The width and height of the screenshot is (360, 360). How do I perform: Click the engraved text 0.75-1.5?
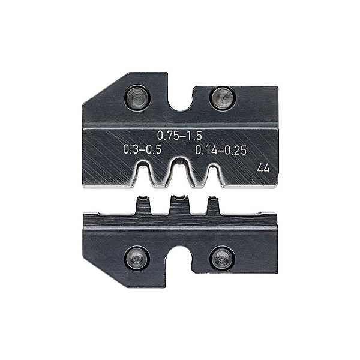pyautogui.click(x=179, y=136)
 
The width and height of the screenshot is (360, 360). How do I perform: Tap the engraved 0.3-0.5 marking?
pyautogui.click(x=142, y=149)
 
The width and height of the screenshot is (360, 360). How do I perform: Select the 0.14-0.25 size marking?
pyautogui.click(x=221, y=150)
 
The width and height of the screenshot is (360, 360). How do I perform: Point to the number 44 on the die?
pyautogui.click(x=263, y=169)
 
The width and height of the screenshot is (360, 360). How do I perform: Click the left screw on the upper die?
pyautogui.click(x=137, y=98)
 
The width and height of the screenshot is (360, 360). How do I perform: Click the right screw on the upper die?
pyautogui.click(x=223, y=98)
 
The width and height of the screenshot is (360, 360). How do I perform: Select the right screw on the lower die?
pyautogui.click(x=222, y=259)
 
